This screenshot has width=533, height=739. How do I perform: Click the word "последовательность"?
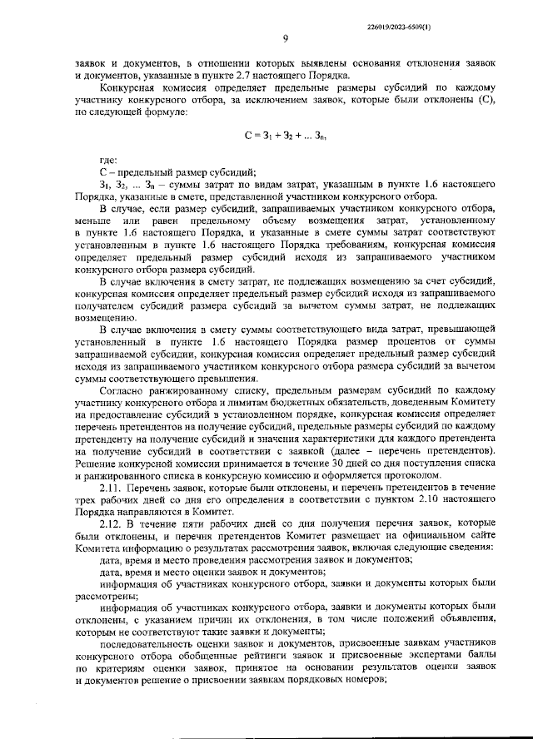coord(148,643)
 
